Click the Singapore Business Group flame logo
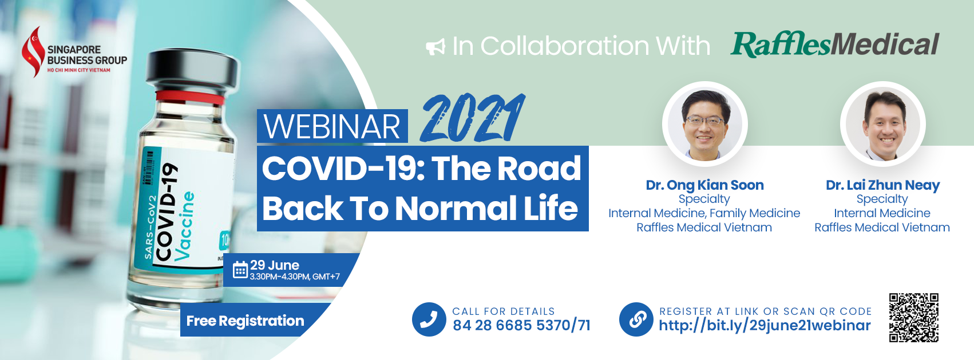click(33, 52)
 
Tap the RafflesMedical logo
click(835, 45)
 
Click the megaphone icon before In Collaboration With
click(435, 47)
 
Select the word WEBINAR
click(332, 126)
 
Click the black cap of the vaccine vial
click(192, 71)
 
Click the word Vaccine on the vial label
click(184, 226)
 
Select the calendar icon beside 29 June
click(240, 270)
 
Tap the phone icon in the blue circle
click(429, 319)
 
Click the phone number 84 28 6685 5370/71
click(521, 325)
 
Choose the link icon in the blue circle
click(636, 319)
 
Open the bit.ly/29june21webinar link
click(765, 326)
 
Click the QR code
click(913, 318)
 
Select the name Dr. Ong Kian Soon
click(704, 185)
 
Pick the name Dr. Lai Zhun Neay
click(882, 185)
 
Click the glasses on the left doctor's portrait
click(705, 121)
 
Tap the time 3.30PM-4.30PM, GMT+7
click(295, 277)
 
